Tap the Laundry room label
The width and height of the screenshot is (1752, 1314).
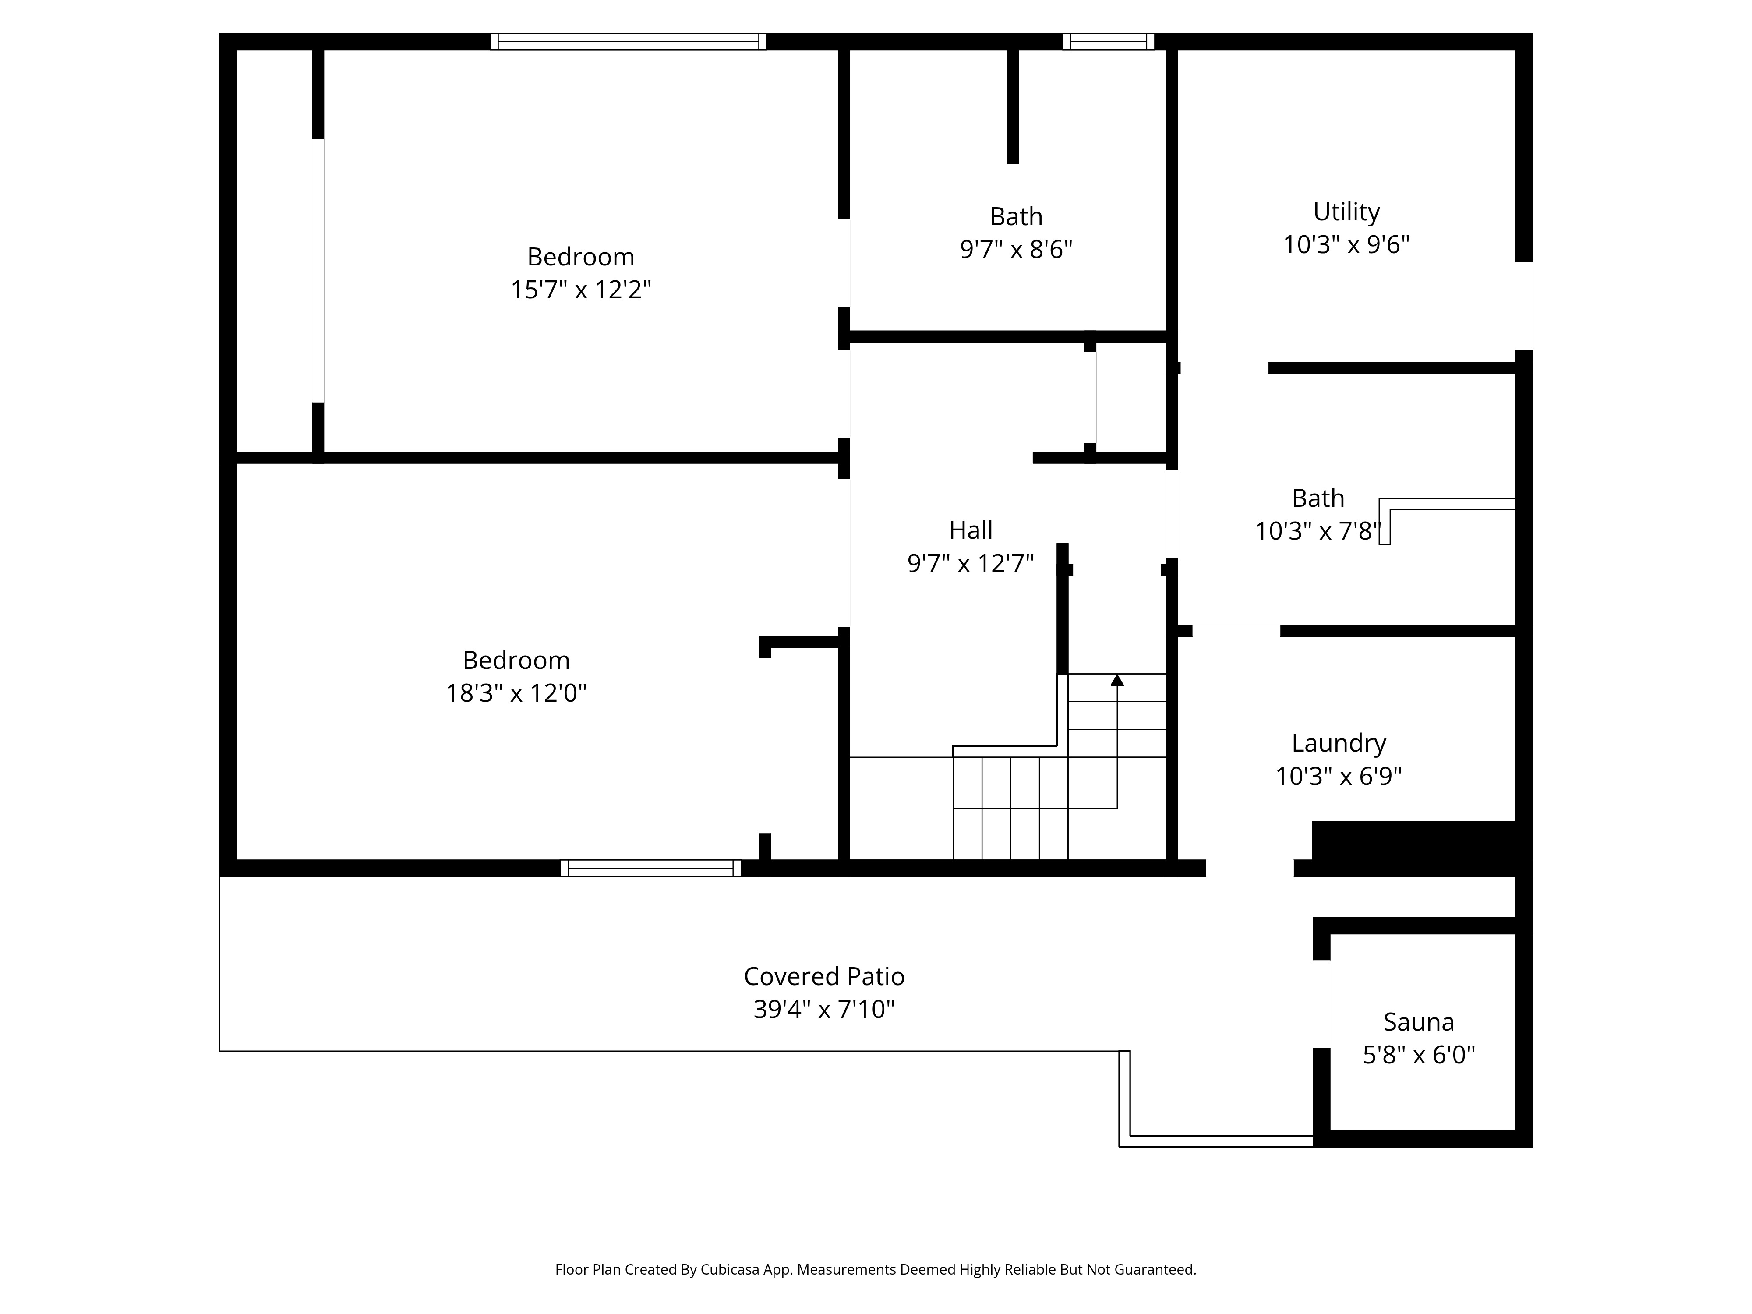[1339, 743]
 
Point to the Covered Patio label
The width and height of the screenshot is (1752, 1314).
[824, 977]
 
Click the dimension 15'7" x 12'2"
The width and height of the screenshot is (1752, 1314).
[580, 290]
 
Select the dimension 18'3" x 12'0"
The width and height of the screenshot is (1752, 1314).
[516, 693]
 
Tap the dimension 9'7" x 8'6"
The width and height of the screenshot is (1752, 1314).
[1016, 250]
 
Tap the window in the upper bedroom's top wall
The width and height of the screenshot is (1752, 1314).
[628, 42]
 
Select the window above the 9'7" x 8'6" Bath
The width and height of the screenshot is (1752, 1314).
[1108, 42]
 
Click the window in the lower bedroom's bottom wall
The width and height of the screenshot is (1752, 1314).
[650, 868]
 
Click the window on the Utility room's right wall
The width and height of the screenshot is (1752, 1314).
[1524, 306]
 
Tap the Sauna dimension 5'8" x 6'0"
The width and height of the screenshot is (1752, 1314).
[1419, 1055]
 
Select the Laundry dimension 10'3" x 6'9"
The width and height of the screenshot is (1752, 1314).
[1339, 776]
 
